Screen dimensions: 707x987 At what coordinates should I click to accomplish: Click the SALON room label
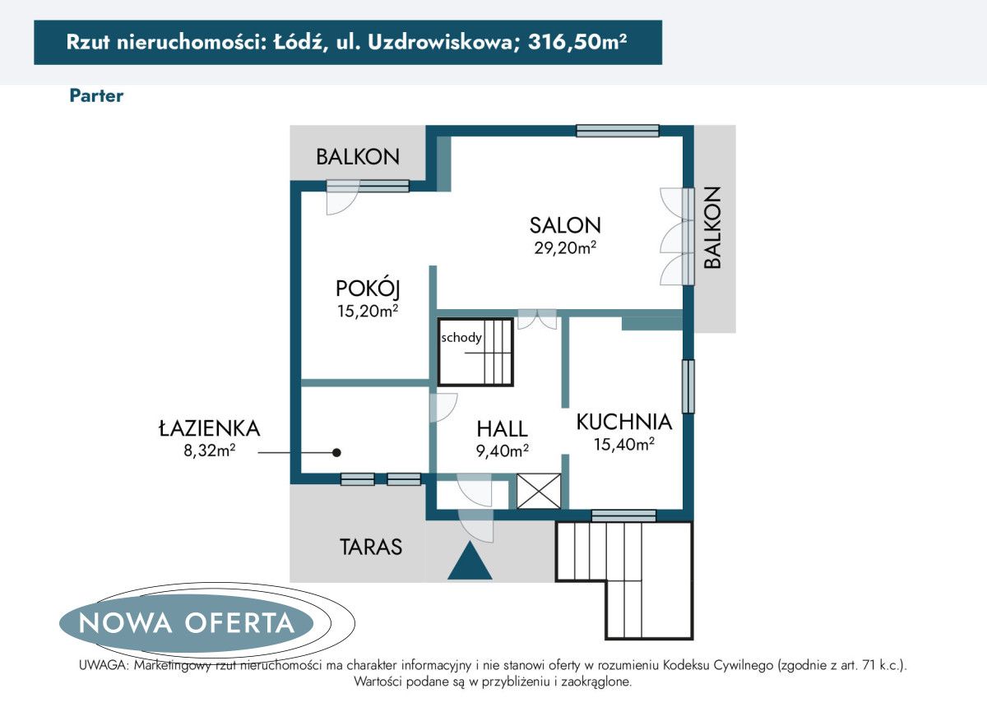(x=565, y=224)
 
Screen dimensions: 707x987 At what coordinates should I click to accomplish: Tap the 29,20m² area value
(x=565, y=246)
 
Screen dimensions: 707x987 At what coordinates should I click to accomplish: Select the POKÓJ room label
(x=367, y=289)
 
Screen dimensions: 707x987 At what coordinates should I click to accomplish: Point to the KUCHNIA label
(x=624, y=423)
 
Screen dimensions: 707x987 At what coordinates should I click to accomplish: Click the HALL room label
(x=502, y=428)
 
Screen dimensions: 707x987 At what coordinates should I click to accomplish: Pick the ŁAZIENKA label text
(x=209, y=427)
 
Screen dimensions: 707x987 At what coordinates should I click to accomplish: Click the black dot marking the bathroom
(x=336, y=452)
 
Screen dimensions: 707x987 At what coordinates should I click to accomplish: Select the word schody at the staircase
(x=461, y=337)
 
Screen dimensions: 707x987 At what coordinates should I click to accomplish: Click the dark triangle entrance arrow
(x=470, y=561)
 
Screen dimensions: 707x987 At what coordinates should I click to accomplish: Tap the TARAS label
(x=371, y=547)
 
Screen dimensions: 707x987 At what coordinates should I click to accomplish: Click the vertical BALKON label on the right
(x=712, y=228)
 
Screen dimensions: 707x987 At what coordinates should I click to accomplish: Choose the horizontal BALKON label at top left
(x=357, y=156)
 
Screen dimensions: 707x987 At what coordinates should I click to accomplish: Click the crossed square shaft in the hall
(x=539, y=492)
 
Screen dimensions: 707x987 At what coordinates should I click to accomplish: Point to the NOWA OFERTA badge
(x=187, y=622)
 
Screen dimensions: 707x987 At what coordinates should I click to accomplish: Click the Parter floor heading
(x=96, y=95)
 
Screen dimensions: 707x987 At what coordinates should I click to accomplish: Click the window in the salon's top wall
(x=617, y=130)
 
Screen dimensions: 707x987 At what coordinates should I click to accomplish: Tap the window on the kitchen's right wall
(x=688, y=386)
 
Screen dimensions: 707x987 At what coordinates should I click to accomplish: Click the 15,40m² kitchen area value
(x=624, y=445)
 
